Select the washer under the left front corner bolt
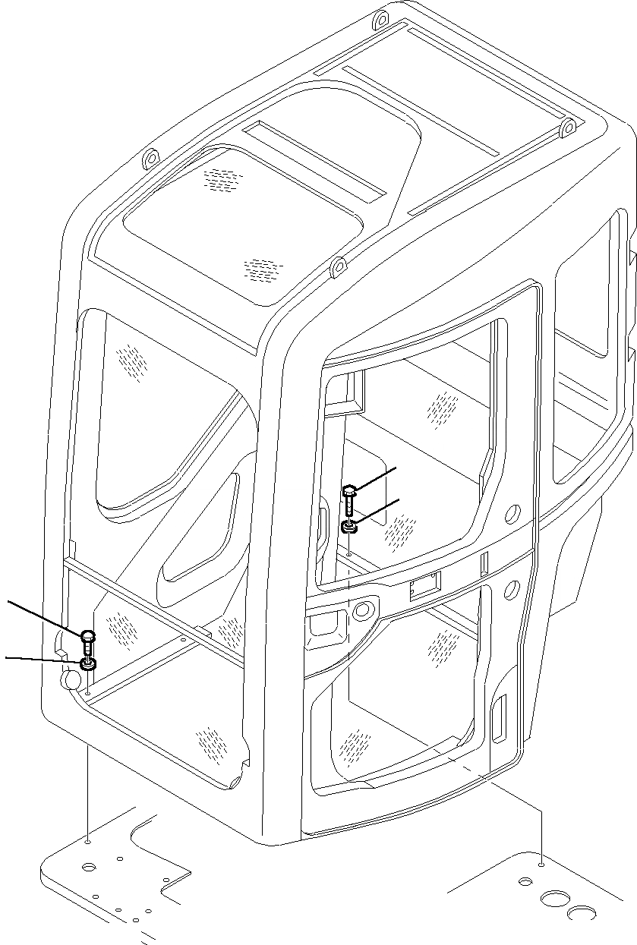coord(88,666)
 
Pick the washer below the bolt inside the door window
coord(348,526)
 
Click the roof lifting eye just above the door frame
coord(339,268)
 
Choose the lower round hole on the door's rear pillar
coord(511,587)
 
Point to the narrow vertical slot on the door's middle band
coord(484,562)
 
